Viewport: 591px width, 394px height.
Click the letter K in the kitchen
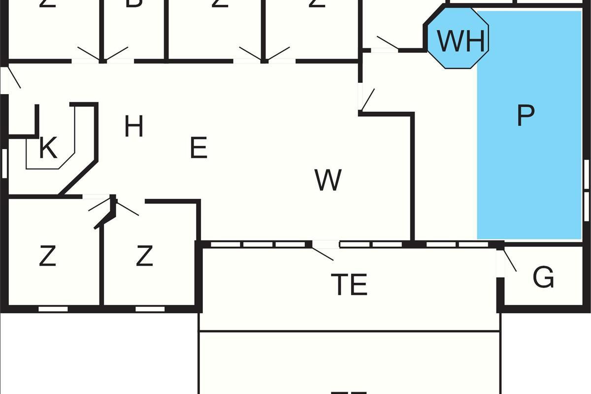click(48, 149)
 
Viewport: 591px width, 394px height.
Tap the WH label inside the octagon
click(461, 41)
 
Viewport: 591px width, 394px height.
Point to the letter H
click(133, 127)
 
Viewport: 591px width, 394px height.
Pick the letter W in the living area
click(328, 180)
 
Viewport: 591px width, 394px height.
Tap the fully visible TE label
click(350, 285)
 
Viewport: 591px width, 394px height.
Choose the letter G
click(543, 278)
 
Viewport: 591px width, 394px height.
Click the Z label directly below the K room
click(47, 257)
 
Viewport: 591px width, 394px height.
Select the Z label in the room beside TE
click(144, 257)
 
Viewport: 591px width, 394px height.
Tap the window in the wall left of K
click(4, 163)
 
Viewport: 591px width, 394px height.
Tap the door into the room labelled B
click(117, 53)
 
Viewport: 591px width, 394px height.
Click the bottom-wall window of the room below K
click(53, 309)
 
